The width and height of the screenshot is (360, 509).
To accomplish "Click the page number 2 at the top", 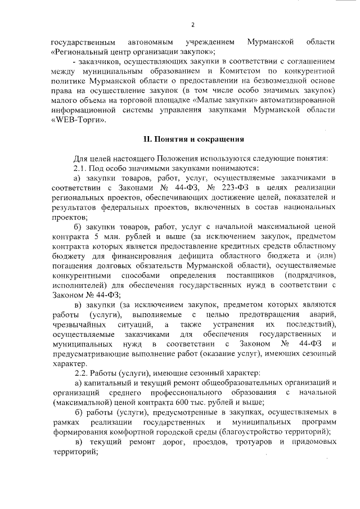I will [x=193, y=25].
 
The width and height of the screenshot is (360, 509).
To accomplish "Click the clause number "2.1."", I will [x=82, y=168].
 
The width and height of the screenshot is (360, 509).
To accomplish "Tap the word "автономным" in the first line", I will [x=148, y=42].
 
